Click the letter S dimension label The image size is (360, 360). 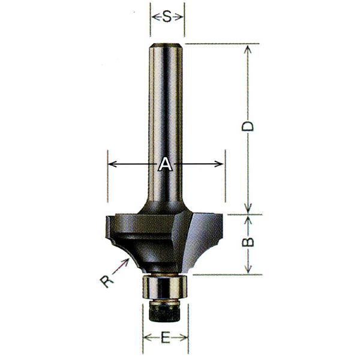tap(167, 17)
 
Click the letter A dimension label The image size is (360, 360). tap(166, 164)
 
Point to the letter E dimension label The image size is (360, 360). tap(166, 337)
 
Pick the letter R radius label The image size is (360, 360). tap(107, 281)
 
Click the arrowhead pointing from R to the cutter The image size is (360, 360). tap(125, 261)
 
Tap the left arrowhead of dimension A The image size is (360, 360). tap(112, 164)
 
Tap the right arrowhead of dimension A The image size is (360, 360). tap(218, 164)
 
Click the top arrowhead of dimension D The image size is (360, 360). tap(248, 49)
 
